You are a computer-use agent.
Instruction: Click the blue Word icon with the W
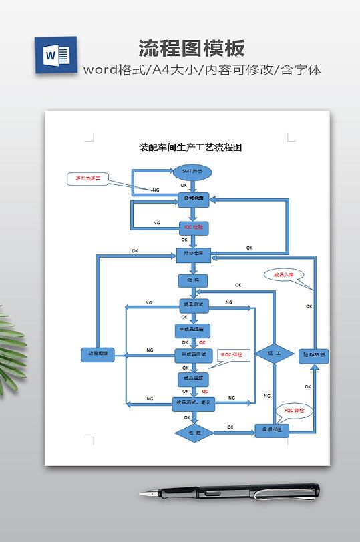tap(54, 55)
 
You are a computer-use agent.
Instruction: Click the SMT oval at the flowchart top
tap(192, 172)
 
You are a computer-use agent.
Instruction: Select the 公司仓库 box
tap(193, 198)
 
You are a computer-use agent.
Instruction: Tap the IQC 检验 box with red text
tap(193, 227)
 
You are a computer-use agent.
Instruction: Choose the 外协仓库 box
tap(194, 254)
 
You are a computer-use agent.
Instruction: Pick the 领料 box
tap(193, 281)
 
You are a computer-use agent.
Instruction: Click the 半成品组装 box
tap(193, 330)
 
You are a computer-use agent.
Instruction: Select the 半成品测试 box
tap(193, 353)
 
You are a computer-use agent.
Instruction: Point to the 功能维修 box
tap(98, 355)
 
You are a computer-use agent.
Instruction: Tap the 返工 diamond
tap(273, 354)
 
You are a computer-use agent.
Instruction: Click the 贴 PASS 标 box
tap(314, 355)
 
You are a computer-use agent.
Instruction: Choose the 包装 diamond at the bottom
tap(194, 433)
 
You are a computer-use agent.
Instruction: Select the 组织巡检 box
tap(272, 431)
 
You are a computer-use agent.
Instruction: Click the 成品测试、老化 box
tap(193, 403)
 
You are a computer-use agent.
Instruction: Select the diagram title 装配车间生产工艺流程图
tap(190, 147)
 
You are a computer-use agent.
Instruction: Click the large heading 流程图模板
tap(192, 48)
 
